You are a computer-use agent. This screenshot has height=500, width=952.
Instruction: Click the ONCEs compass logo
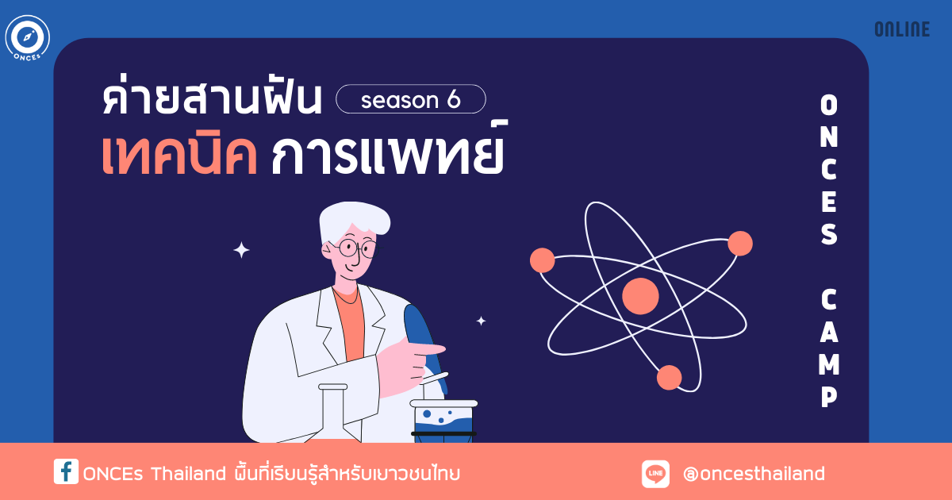click(x=28, y=38)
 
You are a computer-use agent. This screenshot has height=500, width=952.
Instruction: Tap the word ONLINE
click(x=902, y=29)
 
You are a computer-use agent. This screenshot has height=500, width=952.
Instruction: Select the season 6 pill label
click(x=411, y=99)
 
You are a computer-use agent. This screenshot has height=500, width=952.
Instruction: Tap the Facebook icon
click(x=66, y=471)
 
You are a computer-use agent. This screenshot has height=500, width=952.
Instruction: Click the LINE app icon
click(x=655, y=474)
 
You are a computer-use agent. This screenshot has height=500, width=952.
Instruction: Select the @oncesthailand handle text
click(x=754, y=474)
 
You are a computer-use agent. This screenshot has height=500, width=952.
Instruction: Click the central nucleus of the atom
click(x=640, y=296)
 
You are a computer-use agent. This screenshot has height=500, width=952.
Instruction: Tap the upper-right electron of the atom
click(x=740, y=243)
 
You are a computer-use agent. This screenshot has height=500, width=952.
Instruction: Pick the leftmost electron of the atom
click(x=543, y=260)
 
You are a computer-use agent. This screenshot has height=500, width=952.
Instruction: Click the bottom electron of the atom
click(x=669, y=378)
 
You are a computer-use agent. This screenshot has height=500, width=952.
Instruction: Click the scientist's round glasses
click(x=355, y=248)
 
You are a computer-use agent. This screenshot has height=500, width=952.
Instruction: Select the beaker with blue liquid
click(x=443, y=421)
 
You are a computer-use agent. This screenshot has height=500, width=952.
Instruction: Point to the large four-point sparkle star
click(x=241, y=250)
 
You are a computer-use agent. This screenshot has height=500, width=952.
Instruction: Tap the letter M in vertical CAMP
click(x=829, y=364)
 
